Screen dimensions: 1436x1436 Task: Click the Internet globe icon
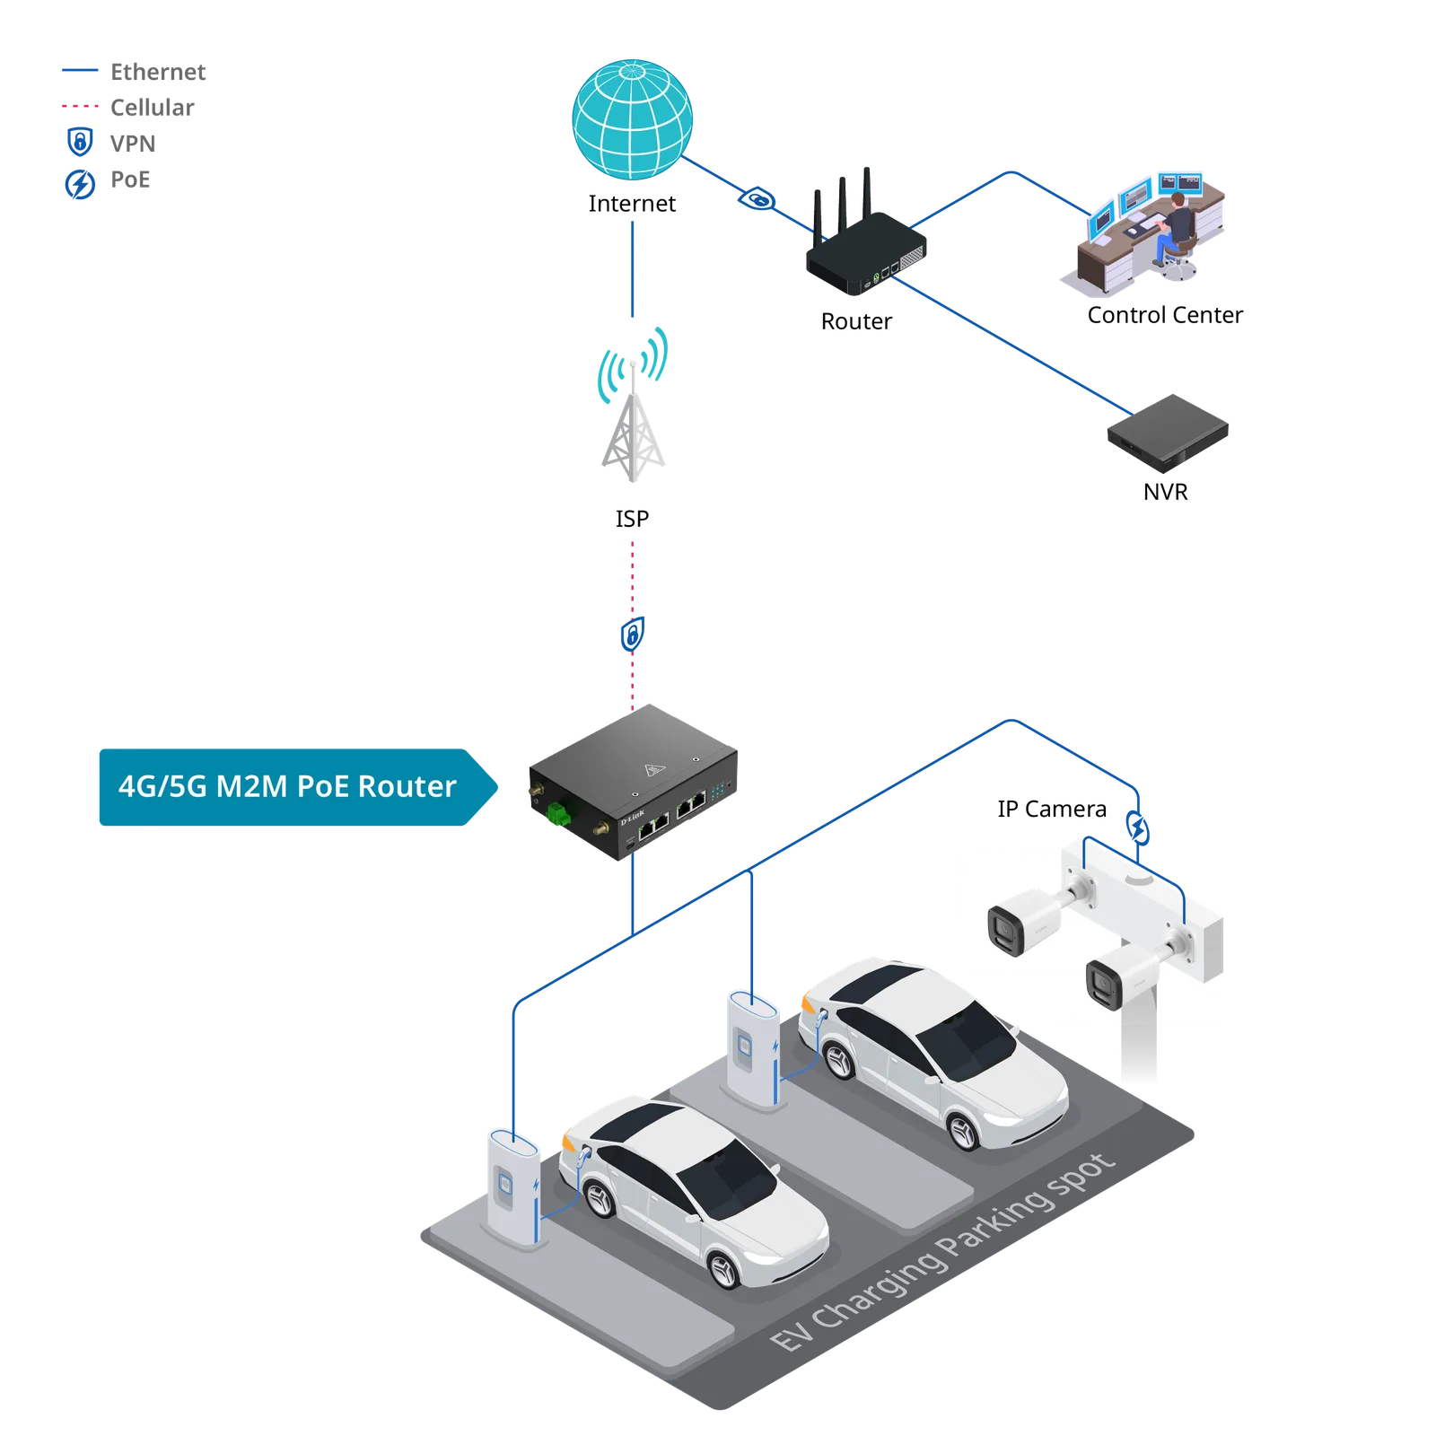633,119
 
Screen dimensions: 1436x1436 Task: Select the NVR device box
1168,433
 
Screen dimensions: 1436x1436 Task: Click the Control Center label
1165,315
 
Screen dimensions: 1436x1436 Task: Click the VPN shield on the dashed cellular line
633,635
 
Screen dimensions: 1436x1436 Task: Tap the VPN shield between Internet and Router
757,198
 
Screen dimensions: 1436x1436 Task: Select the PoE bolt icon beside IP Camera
1138,827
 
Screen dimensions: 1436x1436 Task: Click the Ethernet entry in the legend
158,72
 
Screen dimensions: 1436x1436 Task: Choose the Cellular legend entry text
152,108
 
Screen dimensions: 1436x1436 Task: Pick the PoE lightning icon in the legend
80,184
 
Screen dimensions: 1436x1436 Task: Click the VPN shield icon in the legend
80,142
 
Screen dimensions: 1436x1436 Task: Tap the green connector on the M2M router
558,813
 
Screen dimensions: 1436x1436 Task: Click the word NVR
1165,492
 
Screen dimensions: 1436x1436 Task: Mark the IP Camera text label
1052,810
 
